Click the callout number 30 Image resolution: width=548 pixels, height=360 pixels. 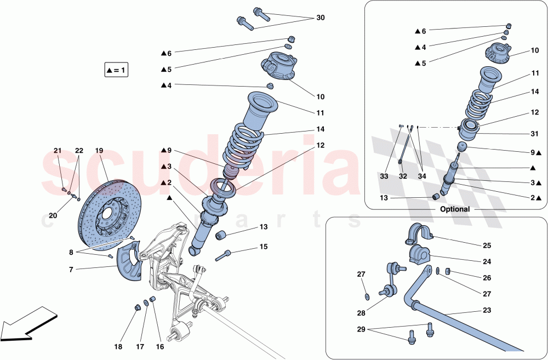320,18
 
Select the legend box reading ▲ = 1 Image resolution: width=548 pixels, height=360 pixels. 116,70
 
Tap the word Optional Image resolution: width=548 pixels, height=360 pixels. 455,209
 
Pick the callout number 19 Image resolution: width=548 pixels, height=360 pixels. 99,150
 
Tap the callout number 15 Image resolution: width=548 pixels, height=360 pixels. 264,247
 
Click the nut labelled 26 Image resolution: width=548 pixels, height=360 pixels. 448,271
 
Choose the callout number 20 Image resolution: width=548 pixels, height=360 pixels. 53,215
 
